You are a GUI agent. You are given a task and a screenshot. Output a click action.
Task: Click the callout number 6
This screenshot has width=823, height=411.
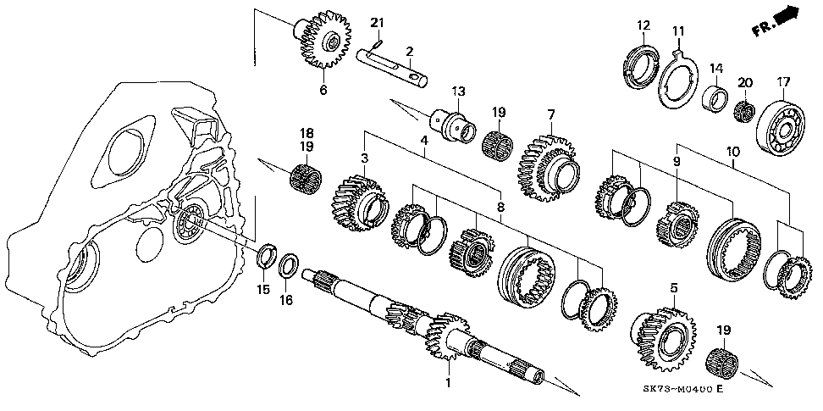tap(322, 90)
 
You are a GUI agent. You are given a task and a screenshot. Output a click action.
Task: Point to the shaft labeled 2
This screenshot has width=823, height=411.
tap(395, 69)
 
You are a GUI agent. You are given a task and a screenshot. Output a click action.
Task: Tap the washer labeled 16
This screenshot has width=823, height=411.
tap(289, 265)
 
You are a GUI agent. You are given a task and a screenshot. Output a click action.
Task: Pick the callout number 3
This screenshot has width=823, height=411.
tap(365, 158)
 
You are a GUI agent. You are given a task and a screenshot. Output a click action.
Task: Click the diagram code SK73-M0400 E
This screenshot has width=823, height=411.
tap(682, 389)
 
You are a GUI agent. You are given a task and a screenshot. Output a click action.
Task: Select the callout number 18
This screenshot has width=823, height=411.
tap(307, 133)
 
